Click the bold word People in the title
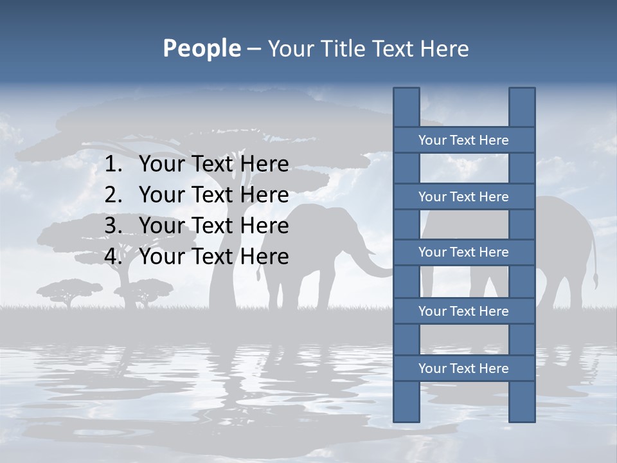click(201, 48)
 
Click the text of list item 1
click(213, 165)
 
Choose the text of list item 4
click(213, 257)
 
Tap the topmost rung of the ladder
click(463, 140)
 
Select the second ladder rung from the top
click(463, 197)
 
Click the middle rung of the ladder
click(463, 252)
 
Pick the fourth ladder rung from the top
click(463, 311)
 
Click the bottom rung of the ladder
click(463, 368)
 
